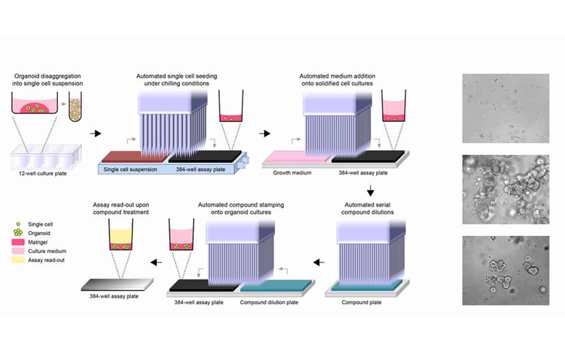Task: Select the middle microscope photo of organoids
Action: [506, 190]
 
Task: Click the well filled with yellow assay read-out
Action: [123, 239]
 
